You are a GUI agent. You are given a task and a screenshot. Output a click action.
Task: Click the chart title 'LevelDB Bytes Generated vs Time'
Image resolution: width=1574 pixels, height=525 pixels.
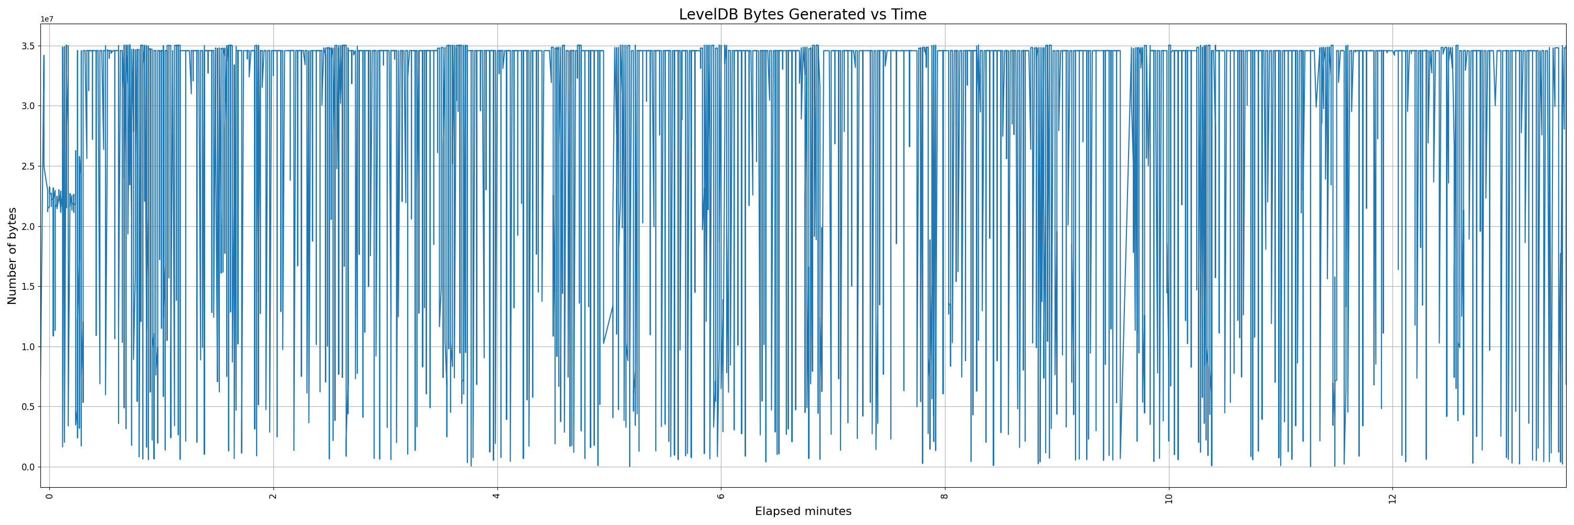[x=802, y=15]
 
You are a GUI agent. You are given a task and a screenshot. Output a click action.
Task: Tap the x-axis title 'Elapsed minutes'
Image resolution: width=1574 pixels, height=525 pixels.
[x=803, y=511]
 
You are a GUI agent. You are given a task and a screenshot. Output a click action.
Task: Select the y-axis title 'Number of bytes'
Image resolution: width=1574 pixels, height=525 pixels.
[x=12, y=256]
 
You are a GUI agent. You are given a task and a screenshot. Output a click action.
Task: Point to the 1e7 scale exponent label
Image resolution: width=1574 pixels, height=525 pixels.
[x=47, y=19]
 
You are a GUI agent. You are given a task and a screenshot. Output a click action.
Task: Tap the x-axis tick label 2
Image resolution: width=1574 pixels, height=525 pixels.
[x=274, y=496]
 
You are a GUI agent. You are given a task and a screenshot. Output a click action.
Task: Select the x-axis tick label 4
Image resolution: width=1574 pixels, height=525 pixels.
[x=497, y=496]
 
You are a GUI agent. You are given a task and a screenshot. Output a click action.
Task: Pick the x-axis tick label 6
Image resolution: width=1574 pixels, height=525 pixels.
[x=721, y=496]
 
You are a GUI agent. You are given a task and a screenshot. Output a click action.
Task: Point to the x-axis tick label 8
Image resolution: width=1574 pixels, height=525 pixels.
[x=944, y=496]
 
